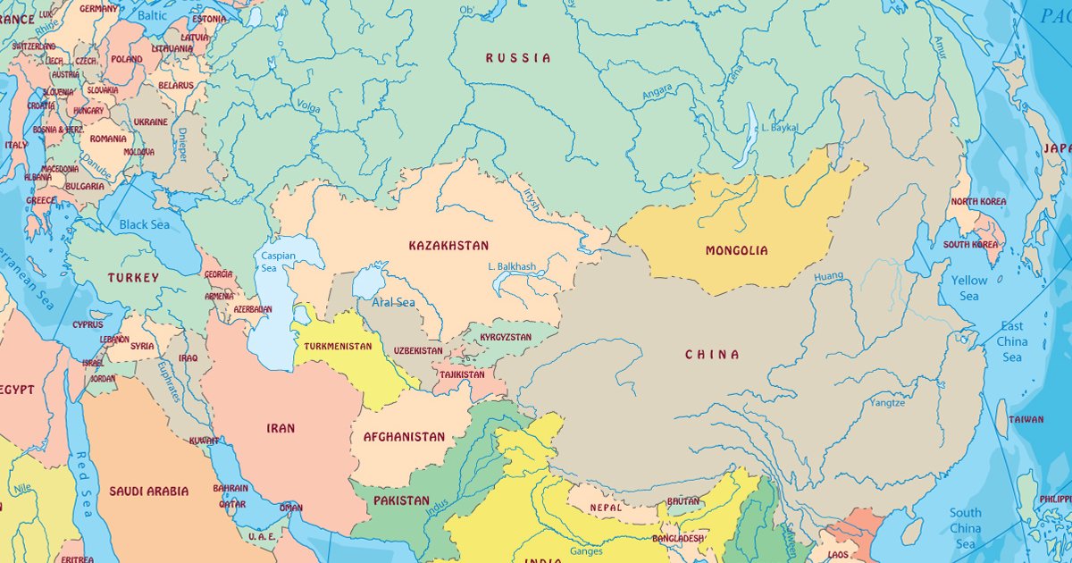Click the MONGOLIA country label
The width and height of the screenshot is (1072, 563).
pos(736,251)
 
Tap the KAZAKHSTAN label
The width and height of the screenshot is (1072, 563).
pos(448,246)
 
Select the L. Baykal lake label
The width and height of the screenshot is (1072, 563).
pos(779,128)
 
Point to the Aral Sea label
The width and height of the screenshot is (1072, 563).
pos(394,302)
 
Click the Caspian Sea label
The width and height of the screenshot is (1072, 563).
pos(272,262)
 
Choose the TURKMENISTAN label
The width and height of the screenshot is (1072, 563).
pos(338,346)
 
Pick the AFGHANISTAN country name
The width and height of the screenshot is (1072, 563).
pos(404,437)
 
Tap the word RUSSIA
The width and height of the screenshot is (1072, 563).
pos(518,58)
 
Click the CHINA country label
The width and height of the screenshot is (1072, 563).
pos(712,355)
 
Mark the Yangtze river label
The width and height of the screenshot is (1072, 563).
pos(886,403)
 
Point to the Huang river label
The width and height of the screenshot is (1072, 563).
pos(828,277)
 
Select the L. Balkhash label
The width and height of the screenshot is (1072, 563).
pos(512,266)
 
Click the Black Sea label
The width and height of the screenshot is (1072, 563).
pos(144,224)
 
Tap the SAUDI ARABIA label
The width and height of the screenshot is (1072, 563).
pos(149,491)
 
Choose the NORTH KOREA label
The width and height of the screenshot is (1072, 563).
pos(978,202)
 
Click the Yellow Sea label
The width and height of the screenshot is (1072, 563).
pos(968,288)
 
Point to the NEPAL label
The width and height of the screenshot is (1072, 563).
pos(605,508)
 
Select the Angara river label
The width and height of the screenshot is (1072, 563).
pos(657,92)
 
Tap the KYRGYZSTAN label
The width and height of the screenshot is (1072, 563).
pos(506,338)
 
